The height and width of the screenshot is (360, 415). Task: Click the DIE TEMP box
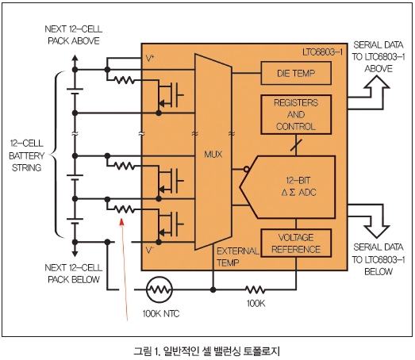click(x=296, y=73)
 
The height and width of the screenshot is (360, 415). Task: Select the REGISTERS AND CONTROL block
click(x=296, y=114)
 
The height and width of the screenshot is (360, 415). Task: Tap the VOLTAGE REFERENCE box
click(x=296, y=243)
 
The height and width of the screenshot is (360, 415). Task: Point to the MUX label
click(x=213, y=154)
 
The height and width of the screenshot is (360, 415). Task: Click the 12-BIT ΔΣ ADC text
click(x=298, y=186)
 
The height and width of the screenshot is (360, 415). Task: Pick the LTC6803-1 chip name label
click(x=323, y=52)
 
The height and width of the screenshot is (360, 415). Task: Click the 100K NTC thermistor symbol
click(x=159, y=290)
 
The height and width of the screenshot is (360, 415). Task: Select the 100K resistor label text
click(x=256, y=304)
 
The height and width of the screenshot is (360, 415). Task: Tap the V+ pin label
click(x=150, y=59)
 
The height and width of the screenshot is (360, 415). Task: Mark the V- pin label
click(x=150, y=250)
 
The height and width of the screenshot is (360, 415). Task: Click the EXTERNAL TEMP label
click(x=237, y=257)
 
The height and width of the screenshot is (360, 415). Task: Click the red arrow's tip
click(x=121, y=219)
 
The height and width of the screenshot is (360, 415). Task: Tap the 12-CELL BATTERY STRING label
click(x=26, y=155)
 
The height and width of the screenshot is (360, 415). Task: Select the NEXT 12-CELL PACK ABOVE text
click(x=74, y=35)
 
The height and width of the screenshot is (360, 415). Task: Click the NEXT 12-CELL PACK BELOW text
click(x=74, y=274)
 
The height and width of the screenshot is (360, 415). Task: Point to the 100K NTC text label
click(x=161, y=314)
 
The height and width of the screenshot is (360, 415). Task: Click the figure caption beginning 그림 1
click(x=206, y=351)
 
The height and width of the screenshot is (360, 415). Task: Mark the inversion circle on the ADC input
click(x=247, y=169)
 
